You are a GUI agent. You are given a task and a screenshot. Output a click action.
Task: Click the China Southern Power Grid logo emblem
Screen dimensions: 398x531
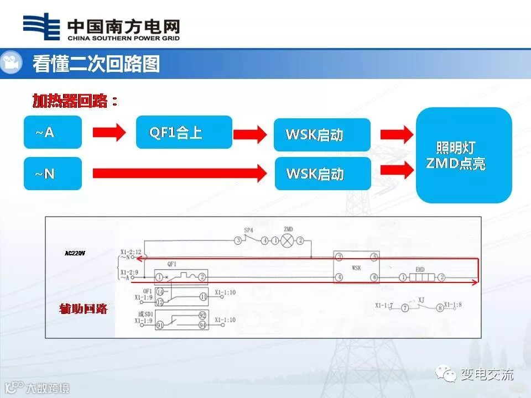pyautogui.click(x=41, y=27)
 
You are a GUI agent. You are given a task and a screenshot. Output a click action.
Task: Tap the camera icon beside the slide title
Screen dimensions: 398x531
pyautogui.click(x=11, y=62)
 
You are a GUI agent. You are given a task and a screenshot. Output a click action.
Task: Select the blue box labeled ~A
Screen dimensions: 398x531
pyautogui.click(x=53, y=132)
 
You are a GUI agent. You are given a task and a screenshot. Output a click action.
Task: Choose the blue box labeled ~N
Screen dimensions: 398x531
pyautogui.click(x=53, y=174)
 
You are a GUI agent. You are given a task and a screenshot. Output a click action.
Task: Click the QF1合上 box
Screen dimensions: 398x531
pyautogui.click(x=184, y=132)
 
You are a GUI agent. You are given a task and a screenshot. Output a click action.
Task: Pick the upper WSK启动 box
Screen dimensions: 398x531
pyautogui.click(x=322, y=135)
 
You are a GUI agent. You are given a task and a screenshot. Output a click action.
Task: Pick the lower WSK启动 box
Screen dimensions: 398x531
pyautogui.click(x=322, y=174)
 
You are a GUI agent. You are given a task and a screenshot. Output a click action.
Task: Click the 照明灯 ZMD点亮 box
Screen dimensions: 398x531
pyautogui.click(x=464, y=155)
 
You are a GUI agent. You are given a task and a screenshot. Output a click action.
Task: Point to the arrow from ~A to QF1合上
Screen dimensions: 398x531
pyautogui.click(x=109, y=132)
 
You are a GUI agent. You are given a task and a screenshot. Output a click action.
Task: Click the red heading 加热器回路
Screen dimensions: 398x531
pyautogui.click(x=75, y=101)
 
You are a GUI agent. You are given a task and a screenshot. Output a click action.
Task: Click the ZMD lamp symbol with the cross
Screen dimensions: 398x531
pyautogui.click(x=288, y=240)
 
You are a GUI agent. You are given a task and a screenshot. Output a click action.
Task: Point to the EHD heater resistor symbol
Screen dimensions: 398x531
pyautogui.click(x=420, y=277)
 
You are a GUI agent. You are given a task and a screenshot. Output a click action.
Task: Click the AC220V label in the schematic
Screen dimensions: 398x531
pyautogui.click(x=75, y=254)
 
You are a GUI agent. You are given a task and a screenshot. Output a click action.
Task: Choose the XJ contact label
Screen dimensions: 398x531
pyautogui.click(x=421, y=300)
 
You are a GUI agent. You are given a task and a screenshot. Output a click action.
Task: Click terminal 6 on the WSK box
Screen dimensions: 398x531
pyautogui.click(x=374, y=277)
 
